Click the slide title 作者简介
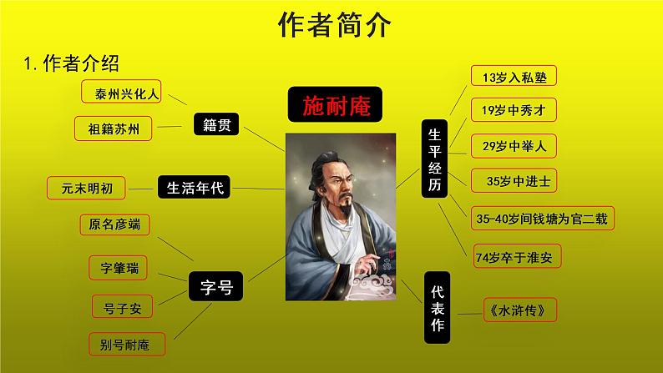pyautogui.click(x=332, y=26)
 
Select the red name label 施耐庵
pyautogui.click(x=334, y=106)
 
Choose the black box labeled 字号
pyautogui.click(x=215, y=287)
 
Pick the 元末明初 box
pyautogui.click(x=87, y=189)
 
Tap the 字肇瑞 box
pyautogui.click(x=119, y=269)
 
